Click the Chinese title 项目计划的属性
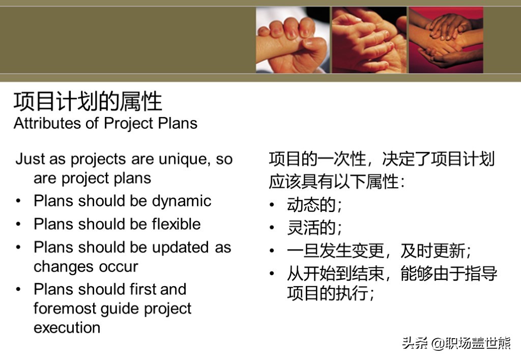[88, 101]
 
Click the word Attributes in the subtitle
[47, 123]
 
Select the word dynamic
[182, 201]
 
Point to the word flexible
[176, 224]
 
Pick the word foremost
[65, 309]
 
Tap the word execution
[67, 328]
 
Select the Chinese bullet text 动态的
[311, 204]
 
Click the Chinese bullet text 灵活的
[311, 227]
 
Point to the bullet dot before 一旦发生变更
[272, 250]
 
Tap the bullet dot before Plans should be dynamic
[18, 201]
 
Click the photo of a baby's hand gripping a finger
[293, 40]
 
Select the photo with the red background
[446, 40]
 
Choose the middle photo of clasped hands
[369, 40]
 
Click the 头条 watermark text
[415, 343]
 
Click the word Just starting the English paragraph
[30, 159]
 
